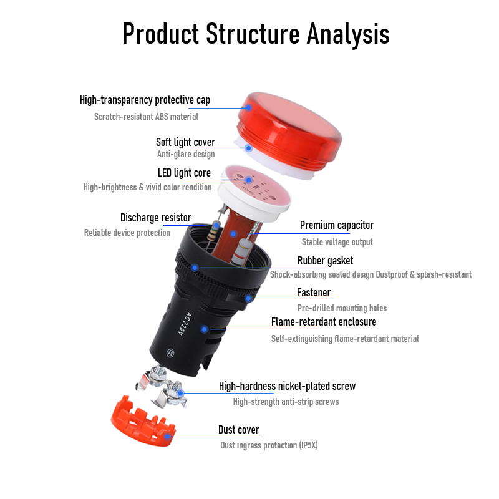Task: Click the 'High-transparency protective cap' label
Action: click(x=145, y=100)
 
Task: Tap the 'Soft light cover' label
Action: click(x=185, y=142)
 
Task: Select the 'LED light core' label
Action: click(x=184, y=173)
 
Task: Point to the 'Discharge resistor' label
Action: click(x=155, y=218)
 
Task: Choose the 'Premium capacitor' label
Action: click(x=337, y=225)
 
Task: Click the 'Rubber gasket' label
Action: click(x=325, y=261)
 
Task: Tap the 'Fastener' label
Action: click(x=314, y=293)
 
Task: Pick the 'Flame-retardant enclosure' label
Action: click(x=324, y=322)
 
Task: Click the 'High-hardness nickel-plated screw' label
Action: click(x=287, y=386)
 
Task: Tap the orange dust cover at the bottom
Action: click(x=140, y=422)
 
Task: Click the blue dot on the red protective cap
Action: click(x=248, y=107)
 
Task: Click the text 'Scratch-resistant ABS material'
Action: click(x=146, y=117)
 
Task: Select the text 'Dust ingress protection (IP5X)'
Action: click(x=269, y=445)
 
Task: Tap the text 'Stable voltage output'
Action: click(x=337, y=242)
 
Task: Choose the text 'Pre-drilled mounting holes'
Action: click(x=342, y=308)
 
